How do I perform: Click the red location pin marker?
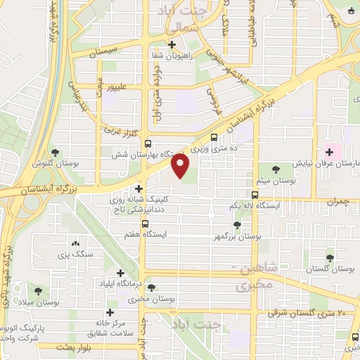pos(181,166)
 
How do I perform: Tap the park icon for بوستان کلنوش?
pos(56,153)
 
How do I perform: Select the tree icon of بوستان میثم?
pos(275,169)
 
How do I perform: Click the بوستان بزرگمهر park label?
pos(236,237)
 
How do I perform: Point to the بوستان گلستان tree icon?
pos(330,258)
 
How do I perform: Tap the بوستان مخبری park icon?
pos(152,288)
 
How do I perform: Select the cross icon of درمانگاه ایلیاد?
pos(121,273)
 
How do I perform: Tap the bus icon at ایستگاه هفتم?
pos(145,225)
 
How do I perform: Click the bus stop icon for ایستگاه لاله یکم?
pos(255,195)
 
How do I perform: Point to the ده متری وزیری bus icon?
pos(214,138)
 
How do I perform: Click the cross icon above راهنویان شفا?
pos(172,44)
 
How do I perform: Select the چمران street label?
pos(337,202)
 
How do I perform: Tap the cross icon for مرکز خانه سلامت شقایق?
pos(110,312)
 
